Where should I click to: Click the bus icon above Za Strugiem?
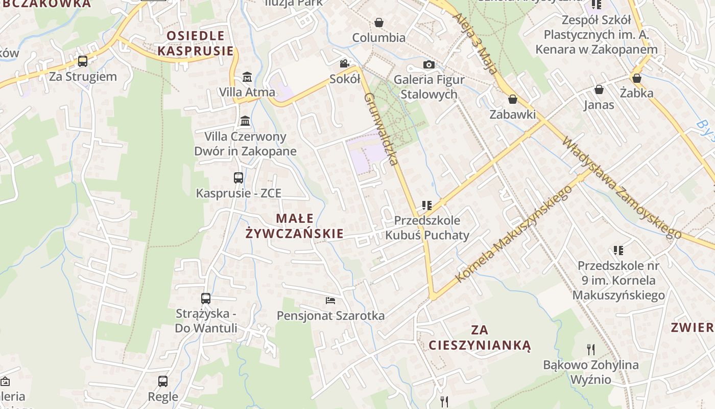[x=82, y=61]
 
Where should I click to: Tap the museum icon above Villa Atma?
[x=247, y=77]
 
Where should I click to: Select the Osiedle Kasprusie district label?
[x=196, y=43]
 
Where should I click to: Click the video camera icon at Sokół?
[x=345, y=64]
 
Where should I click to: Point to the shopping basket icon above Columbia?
[x=379, y=22]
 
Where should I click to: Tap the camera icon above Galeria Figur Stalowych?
[x=429, y=65]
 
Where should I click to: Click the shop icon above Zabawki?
[x=512, y=99]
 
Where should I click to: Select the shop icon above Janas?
[x=599, y=90]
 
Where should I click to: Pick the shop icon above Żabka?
[x=636, y=78]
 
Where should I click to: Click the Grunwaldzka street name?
[x=380, y=129]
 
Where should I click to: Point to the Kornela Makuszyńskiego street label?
[x=513, y=234]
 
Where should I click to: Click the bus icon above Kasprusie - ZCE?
[x=239, y=178]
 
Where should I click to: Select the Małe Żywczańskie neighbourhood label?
[x=295, y=226]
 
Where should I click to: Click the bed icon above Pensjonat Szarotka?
[x=330, y=300]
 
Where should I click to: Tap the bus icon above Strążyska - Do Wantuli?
[x=206, y=298]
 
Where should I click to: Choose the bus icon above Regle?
[x=163, y=381]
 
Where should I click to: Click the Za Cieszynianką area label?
[x=480, y=337]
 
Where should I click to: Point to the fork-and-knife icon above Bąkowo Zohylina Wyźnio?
[x=591, y=350]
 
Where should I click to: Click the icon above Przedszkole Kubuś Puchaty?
[x=427, y=206]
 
